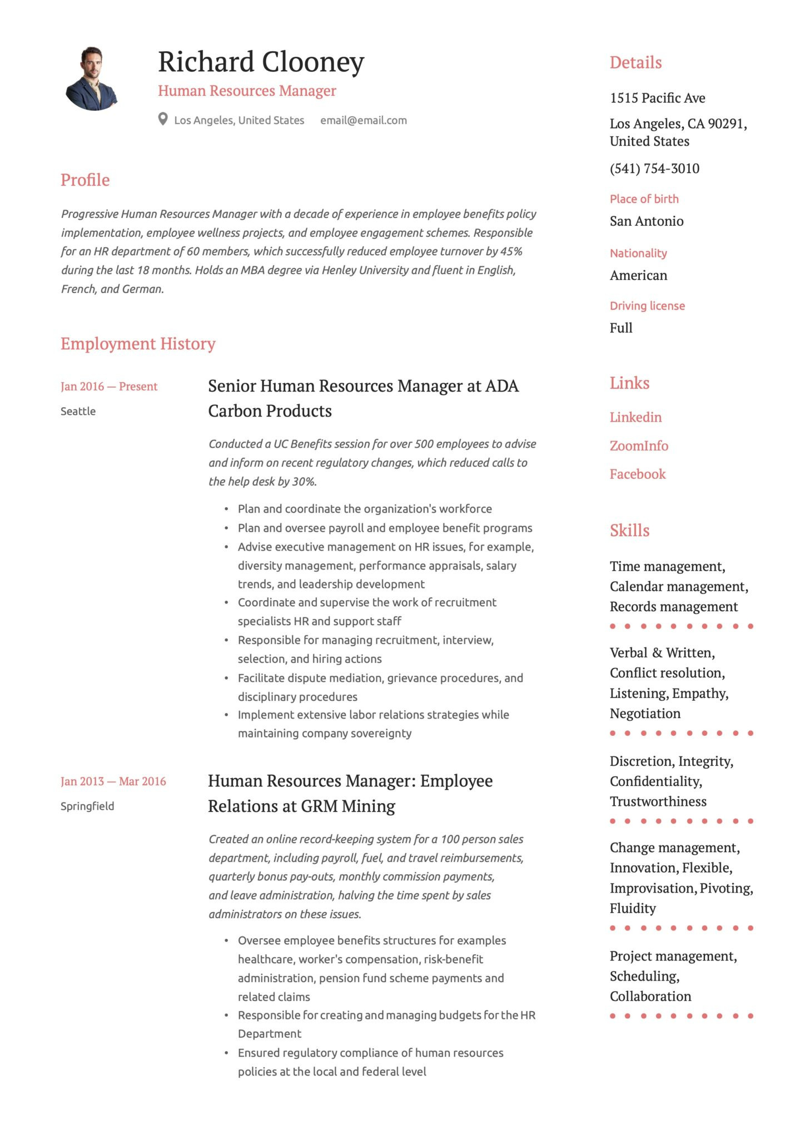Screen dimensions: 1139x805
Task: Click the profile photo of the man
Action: coord(92,78)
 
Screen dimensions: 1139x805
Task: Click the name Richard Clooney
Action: coord(261,62)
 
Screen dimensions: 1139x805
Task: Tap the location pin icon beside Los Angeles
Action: coord(163,120)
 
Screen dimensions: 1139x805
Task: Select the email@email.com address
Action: coord(363,120)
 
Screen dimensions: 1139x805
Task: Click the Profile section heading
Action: coord(85,180)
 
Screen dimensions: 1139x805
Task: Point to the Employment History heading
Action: coord(138,344)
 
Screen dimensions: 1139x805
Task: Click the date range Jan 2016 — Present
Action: coord(109,387)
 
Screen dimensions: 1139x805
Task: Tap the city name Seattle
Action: coord(78,412)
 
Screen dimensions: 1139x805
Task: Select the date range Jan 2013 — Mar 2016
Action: coord(113,781)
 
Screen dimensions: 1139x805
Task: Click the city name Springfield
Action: coord(87,806)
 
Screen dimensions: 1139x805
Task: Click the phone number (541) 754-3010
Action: coord(654,169)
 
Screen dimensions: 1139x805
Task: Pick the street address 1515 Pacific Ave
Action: coord(657,98)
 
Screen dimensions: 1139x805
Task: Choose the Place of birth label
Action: coord(644,199)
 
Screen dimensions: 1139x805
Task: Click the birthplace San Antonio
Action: coord(647,221)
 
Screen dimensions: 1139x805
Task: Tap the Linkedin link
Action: coord(635,418)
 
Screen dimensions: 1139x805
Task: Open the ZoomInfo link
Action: coord(639,446)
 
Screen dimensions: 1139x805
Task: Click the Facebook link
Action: coord(637,474)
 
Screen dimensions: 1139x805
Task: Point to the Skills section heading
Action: coord(629,531)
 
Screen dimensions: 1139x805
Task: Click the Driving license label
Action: coord(647,306)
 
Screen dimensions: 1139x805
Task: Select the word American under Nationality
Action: coord(638,276)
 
